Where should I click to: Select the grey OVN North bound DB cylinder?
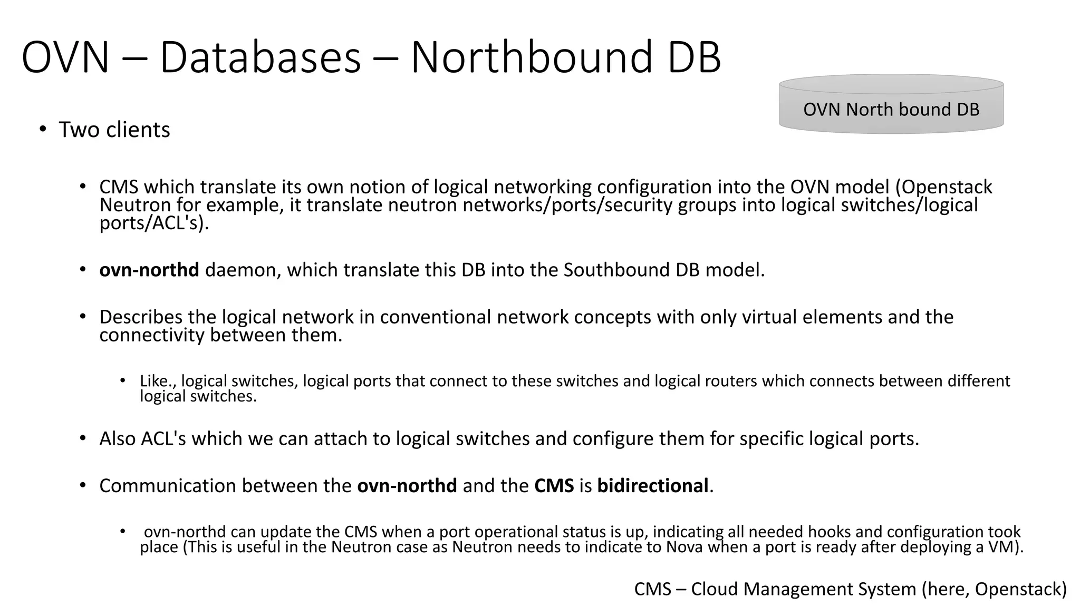point(891,105)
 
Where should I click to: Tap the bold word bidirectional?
point(652,485)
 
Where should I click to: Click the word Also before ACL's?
point(118,438)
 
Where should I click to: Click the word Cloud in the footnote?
point(714,589)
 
